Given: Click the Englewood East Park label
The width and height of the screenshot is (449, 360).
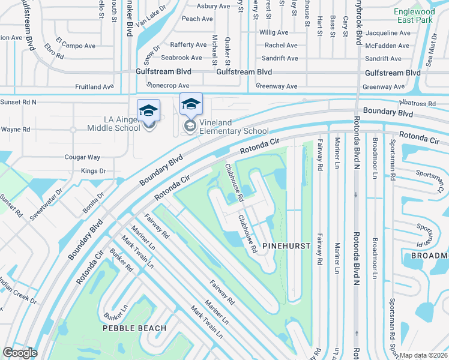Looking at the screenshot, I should pos(414,16).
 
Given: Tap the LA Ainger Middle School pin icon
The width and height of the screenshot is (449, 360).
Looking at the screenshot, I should pos(148,111).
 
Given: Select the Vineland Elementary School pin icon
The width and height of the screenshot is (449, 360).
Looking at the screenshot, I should pos(191,105).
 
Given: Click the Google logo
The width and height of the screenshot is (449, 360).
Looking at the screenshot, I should pos(20,353).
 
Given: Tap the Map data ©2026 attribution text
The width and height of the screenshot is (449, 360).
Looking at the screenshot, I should pos(423,355).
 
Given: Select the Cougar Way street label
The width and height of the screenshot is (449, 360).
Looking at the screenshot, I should pos(82,157).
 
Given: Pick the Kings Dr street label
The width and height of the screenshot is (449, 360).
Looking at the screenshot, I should pos(93,171).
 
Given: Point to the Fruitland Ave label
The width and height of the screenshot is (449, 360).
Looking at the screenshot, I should pos(94,87).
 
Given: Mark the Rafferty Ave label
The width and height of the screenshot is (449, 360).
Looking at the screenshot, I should pos(188,45).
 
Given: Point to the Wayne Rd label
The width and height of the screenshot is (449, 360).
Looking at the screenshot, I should pos(15,130).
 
